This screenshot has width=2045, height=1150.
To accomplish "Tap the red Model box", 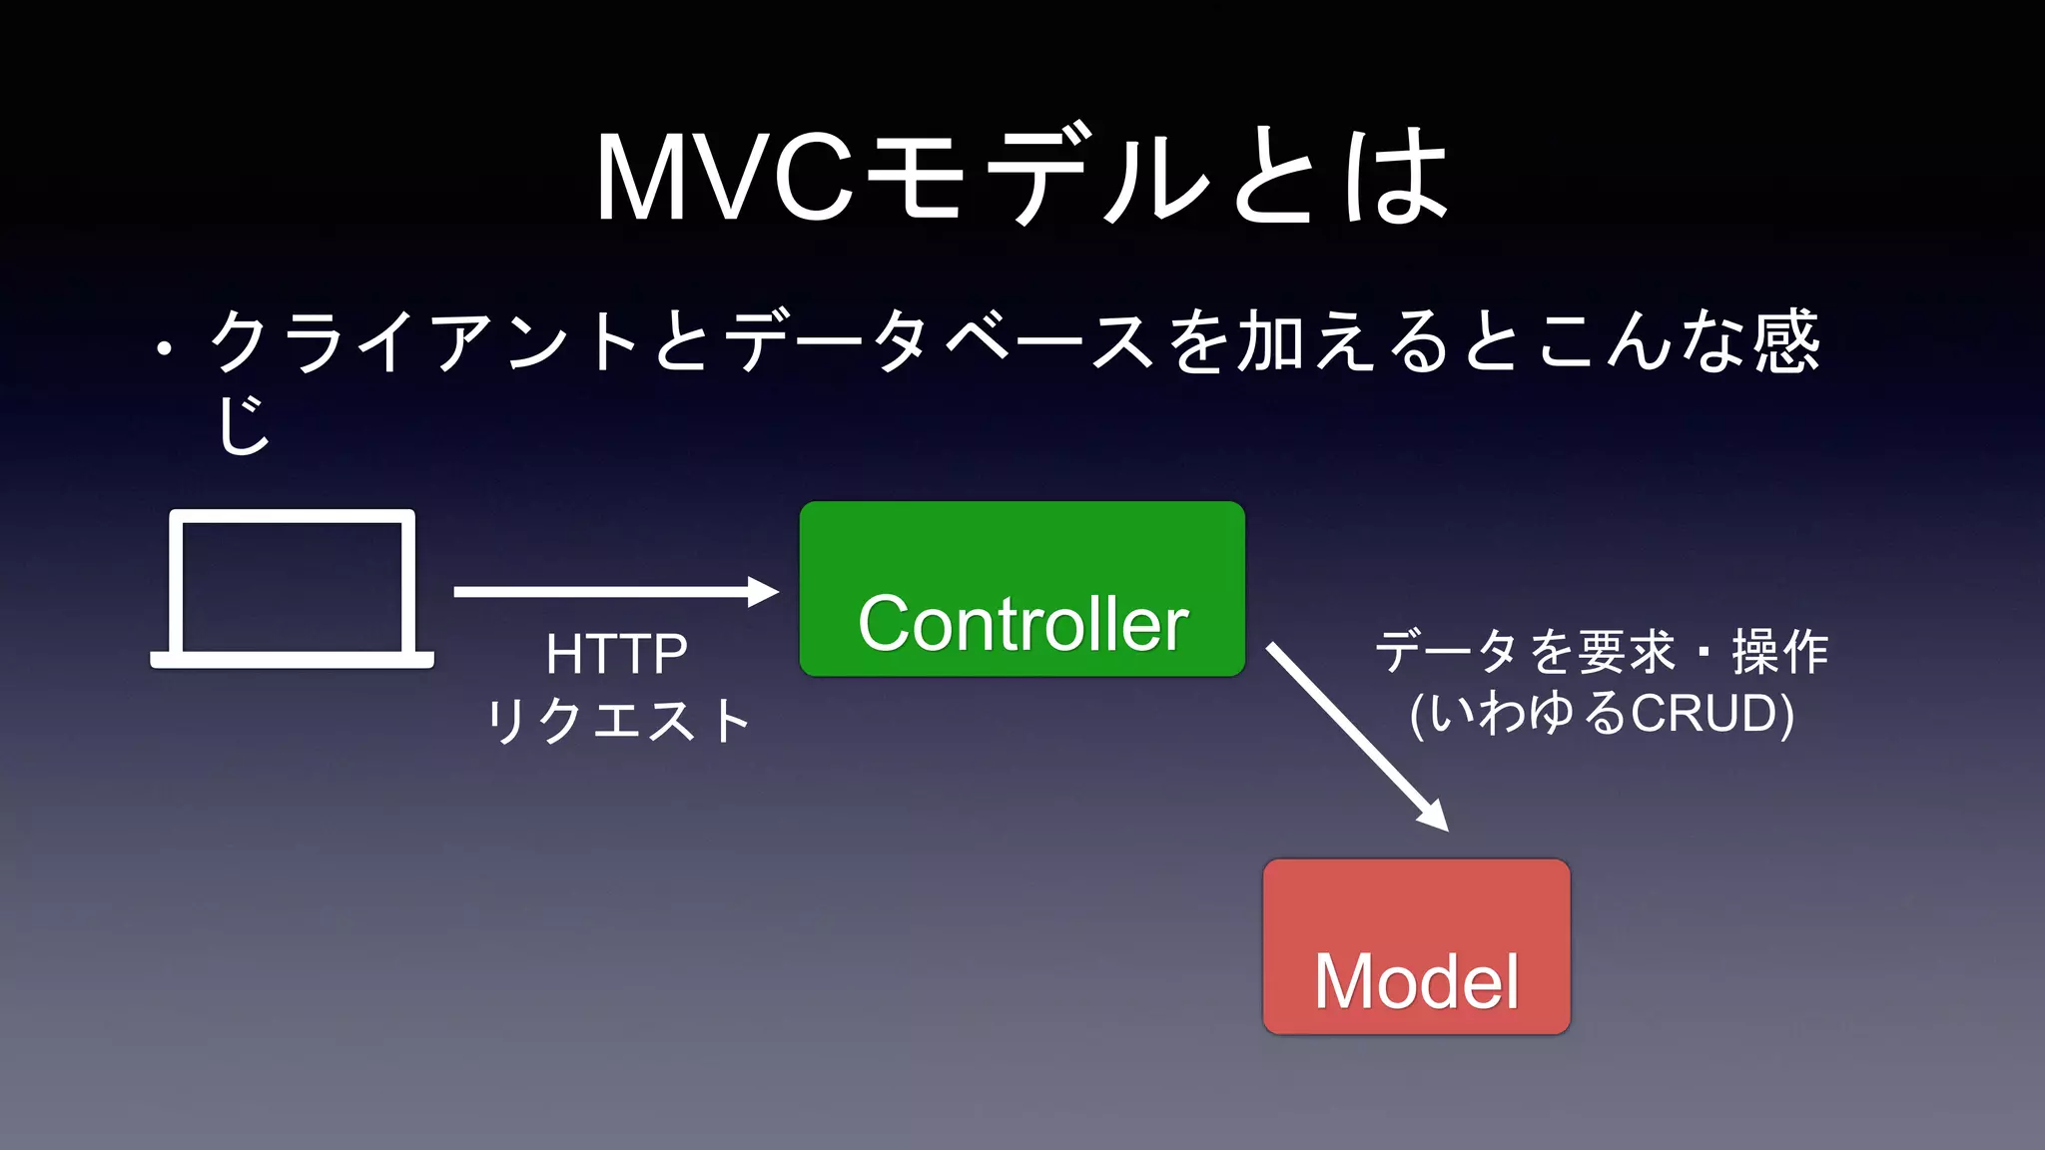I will [x=1416, y=903].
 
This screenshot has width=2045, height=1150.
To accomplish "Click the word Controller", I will [x=1022, y=624].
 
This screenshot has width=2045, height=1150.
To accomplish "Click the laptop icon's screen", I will [x=292, y=586].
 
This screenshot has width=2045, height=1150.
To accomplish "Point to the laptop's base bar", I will [x=292, y=660].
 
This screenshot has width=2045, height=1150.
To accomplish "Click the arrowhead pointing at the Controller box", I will [x=763, y=592].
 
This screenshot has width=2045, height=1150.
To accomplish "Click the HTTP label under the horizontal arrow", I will [x=616, y=655].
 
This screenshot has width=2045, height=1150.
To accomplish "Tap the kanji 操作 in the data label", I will [x=1779, y=652].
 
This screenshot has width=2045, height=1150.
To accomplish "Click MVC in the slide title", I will [x=725, y=177].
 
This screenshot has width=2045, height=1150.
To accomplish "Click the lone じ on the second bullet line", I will [x=243, y=424].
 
